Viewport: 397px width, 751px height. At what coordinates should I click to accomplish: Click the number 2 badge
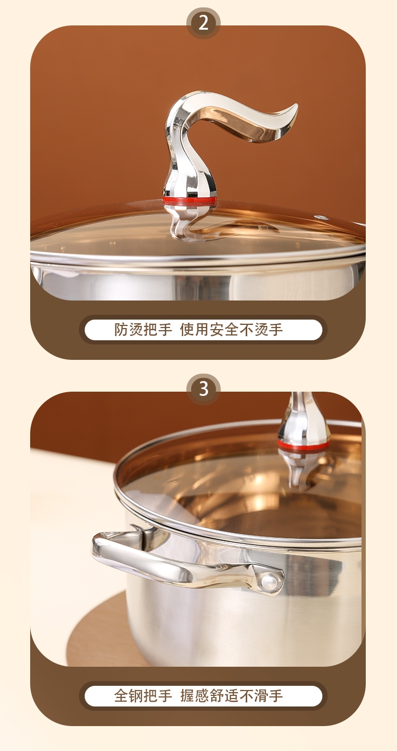click(203, 23)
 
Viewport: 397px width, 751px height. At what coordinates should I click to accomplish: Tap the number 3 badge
click(203, 389)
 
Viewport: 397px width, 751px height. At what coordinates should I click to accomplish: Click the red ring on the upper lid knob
click(190, 200)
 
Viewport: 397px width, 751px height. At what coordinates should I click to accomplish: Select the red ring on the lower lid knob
click(303, 445)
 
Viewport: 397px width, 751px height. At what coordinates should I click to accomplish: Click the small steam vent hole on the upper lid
click(322, 217)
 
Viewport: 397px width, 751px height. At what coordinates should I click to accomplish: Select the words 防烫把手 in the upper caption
click(143, 329)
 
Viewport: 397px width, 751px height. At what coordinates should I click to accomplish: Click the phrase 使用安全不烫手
click(231, 329)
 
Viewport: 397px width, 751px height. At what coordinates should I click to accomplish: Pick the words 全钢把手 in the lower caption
click(143, 695)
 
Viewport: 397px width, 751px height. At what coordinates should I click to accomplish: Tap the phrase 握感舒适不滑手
click(231, 695)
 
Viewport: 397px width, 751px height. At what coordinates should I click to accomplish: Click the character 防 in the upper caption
click(121, 329)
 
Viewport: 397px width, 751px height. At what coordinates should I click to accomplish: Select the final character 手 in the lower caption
click(276, 695)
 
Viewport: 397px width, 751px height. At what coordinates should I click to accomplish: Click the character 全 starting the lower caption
click(121, 695)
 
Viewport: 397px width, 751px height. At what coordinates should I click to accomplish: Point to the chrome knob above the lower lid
click(303, 419)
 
